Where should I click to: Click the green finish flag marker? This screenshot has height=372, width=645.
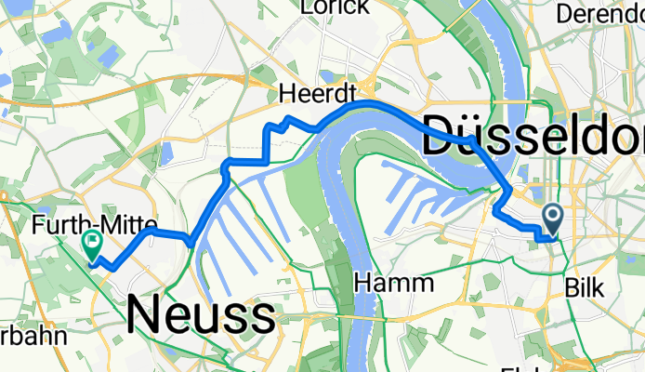click(93, 245)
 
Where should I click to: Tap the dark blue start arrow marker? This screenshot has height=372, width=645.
click(552, 219)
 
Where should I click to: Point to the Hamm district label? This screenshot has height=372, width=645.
click(395, 282)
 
